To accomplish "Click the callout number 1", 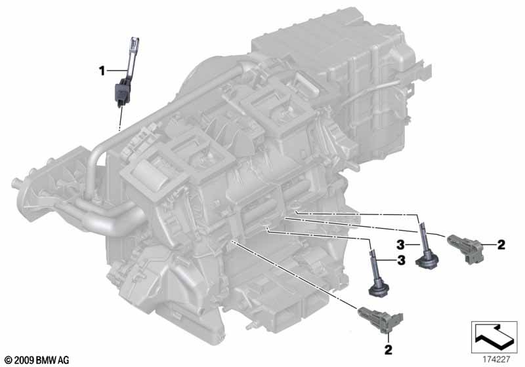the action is click(102, 71).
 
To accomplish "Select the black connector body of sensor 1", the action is click(122, 91).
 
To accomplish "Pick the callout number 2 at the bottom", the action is click(388, 350).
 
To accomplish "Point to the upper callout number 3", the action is click(400, 245).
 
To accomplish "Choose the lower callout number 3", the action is click(401, 260).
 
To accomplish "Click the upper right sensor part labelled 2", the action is click(465, 248).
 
